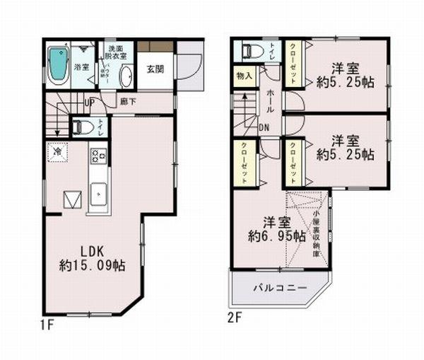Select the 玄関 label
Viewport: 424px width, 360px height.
point(155,69)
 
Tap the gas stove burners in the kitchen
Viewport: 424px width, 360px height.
point(98,156)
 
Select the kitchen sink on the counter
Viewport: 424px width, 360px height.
point(98,192)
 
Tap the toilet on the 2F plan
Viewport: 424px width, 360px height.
point(250,52)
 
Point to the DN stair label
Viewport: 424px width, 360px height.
point(263,127)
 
